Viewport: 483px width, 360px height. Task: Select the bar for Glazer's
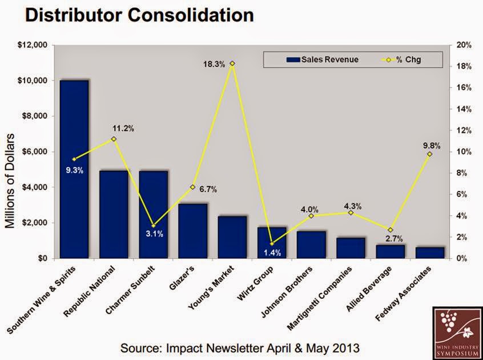[x=193, y=231]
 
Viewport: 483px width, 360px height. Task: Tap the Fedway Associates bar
[x=430, y=253]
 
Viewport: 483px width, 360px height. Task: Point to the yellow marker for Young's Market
[x=232, y=63]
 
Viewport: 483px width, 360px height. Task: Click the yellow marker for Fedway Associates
[x=430, y=154]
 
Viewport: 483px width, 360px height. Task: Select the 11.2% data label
[x=122, y=129]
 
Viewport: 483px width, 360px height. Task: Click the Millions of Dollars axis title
[x=10, y=181]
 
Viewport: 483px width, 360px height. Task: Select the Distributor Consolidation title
[x=139, y=15]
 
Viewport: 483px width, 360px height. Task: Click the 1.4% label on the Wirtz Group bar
[x=272, y=253]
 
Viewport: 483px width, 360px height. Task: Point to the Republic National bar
[x=114, y=214]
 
